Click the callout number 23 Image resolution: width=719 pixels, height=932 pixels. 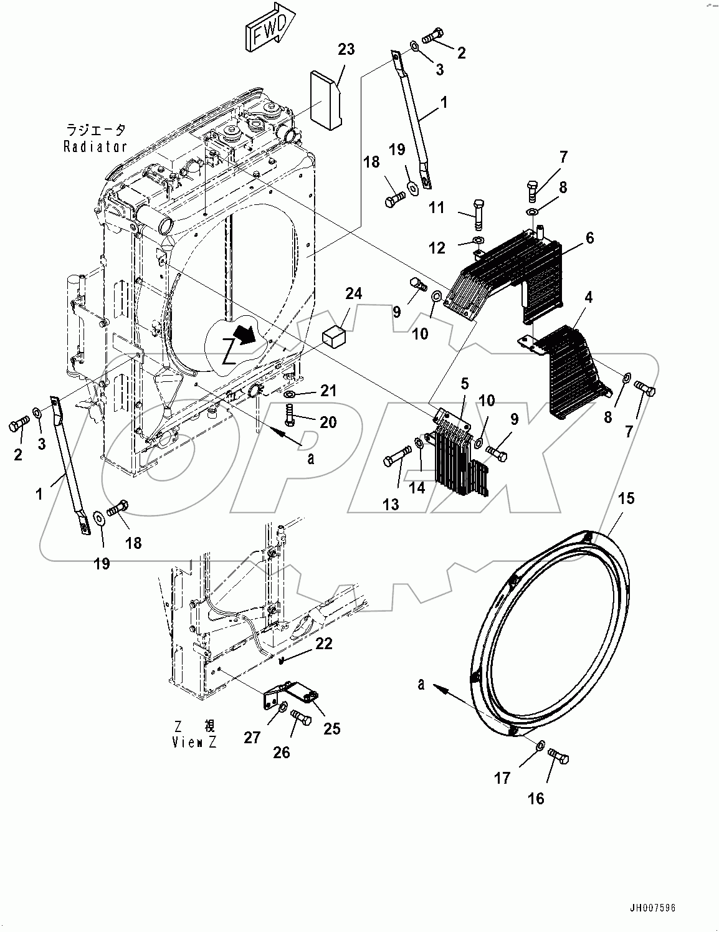click(x=346, y=49)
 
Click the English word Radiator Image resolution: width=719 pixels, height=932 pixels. click(x=95, y=147)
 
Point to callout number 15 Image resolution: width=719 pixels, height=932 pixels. click(x=626, y=498)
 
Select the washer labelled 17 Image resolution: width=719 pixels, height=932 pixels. click(x=540, y=744)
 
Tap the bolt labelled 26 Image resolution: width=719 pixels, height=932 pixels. click(x=302, y=720)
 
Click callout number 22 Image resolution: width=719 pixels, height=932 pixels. click(x=323, y=644)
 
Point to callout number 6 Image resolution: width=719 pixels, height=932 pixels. click(x=589, y=237)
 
